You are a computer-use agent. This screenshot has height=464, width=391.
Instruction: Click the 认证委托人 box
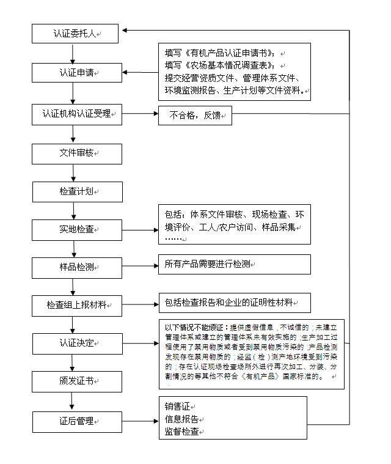pyautogui.click(x=77, y=34)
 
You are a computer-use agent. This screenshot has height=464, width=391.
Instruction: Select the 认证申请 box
pyautogui.click(x=77, y=73)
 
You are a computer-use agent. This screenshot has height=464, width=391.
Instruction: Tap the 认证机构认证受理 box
pyautogui.click(x=77, y=114)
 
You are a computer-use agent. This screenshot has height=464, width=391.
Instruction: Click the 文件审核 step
pyautogui.click(x=77, y=153)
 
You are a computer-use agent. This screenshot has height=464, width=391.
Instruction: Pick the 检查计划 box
pyautogui.click(x=77, y=192)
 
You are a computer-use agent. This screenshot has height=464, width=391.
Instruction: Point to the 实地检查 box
pyautogui.click(x=77, y=230)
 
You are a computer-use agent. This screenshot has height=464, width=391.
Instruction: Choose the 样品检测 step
pyautogui.click(x=77, y=267)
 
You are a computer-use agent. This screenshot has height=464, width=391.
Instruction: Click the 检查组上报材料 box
pyautogui.click(x=77, y=305)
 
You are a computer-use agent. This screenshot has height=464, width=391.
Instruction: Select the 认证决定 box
pyautogui.click(x=77, y=343)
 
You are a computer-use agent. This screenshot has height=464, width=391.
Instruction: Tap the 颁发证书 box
pyautogui.click(x=77, y=381)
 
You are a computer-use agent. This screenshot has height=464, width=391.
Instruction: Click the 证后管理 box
pyautogui.click(x=77, y=421)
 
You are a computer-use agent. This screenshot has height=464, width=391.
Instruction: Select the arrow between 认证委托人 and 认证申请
pyautogui.click(x=73, y=53)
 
